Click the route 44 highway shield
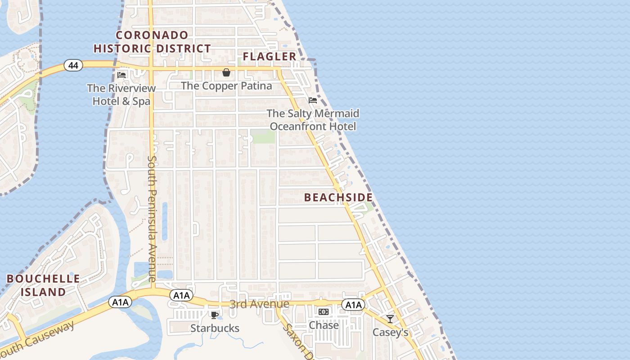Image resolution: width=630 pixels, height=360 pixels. (73, 66)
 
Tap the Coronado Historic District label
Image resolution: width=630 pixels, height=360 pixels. (152, 42)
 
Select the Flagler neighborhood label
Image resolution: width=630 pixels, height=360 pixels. (270, 56)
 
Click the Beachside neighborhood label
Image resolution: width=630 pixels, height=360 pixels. (338, 198)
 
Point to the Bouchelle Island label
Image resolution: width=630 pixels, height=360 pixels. (43, 285)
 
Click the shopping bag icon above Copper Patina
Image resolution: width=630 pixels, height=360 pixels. (226, 72)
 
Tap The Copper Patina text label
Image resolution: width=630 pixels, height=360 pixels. (226, 85)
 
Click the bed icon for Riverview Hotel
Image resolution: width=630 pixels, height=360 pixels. (121, 75)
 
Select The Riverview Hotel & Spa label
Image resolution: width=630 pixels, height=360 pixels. (121, 94)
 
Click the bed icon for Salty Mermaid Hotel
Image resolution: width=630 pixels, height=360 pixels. (313, 100)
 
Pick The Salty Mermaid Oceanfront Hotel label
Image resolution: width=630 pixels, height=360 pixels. (313, 120)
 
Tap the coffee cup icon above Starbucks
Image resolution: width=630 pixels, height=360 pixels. (215, 315)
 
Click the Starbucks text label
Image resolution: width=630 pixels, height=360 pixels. (215, 328)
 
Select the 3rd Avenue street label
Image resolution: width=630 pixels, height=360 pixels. (259, 304)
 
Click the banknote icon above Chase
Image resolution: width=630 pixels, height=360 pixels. (324, 312)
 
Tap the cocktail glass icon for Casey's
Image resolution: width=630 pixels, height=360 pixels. (390, 319)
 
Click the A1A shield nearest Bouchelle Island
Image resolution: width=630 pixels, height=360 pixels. (120, 302)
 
